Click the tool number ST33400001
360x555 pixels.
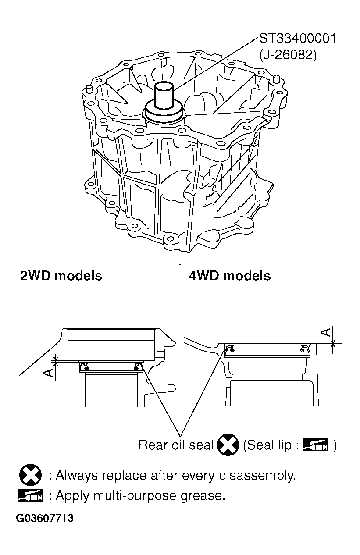(298, 39)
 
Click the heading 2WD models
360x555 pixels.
(61, 276)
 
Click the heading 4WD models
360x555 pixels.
(230, 276)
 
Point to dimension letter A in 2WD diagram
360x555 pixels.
(49, 372)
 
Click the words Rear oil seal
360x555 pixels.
(176, 445)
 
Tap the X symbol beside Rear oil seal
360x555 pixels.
(228, 445)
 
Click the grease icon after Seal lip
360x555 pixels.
(315, 445)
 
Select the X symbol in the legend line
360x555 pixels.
(30, 475)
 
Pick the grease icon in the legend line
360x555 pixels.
(30, 496)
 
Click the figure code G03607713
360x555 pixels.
(45, 519)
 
